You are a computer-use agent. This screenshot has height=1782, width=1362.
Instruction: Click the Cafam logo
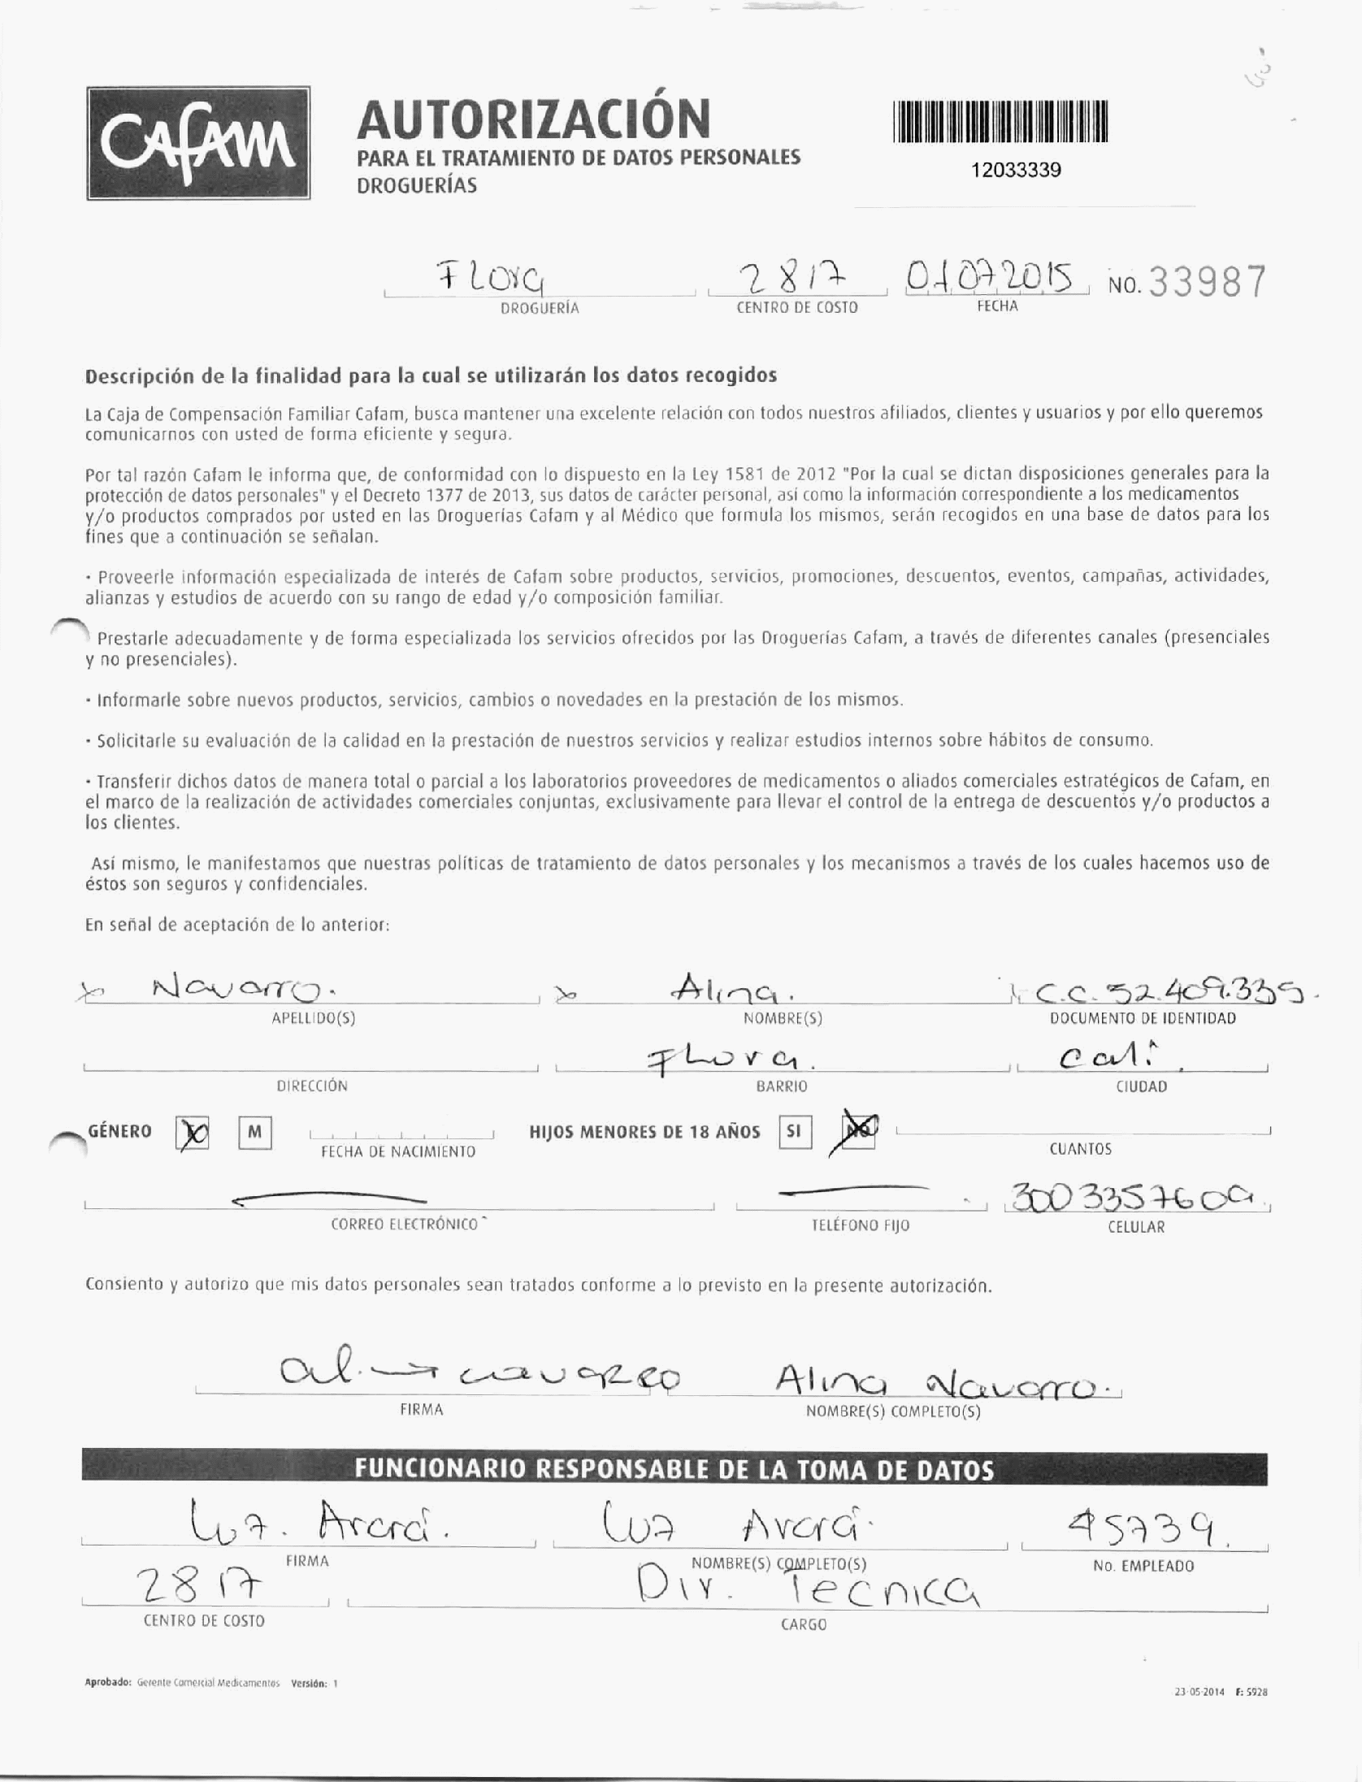(x=198, y=143)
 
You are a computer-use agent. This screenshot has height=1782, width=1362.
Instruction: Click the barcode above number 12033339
(x=1000, y=122)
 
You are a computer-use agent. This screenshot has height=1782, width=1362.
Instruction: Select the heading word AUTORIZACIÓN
(x=533, y=119)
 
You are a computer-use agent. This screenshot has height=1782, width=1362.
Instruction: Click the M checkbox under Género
(x=255, y=1133)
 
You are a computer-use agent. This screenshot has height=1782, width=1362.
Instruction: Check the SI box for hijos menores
(x=794, y=1132)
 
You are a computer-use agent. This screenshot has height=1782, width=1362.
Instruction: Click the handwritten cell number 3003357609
(x=1135, y=1197)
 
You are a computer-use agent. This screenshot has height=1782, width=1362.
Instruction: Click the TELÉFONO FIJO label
(x=861, y=1225)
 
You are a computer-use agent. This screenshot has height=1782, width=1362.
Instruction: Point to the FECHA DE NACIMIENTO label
(x=398, y=1151)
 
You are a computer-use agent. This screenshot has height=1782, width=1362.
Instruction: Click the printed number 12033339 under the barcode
(x=1016, y=170)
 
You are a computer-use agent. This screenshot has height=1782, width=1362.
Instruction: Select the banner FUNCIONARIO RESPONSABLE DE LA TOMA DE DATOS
(x=674, y=1470)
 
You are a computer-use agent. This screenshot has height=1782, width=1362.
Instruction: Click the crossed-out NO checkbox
(x=859, y=1131)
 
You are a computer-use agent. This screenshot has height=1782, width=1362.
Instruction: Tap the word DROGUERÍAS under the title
(x=417, y=185)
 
